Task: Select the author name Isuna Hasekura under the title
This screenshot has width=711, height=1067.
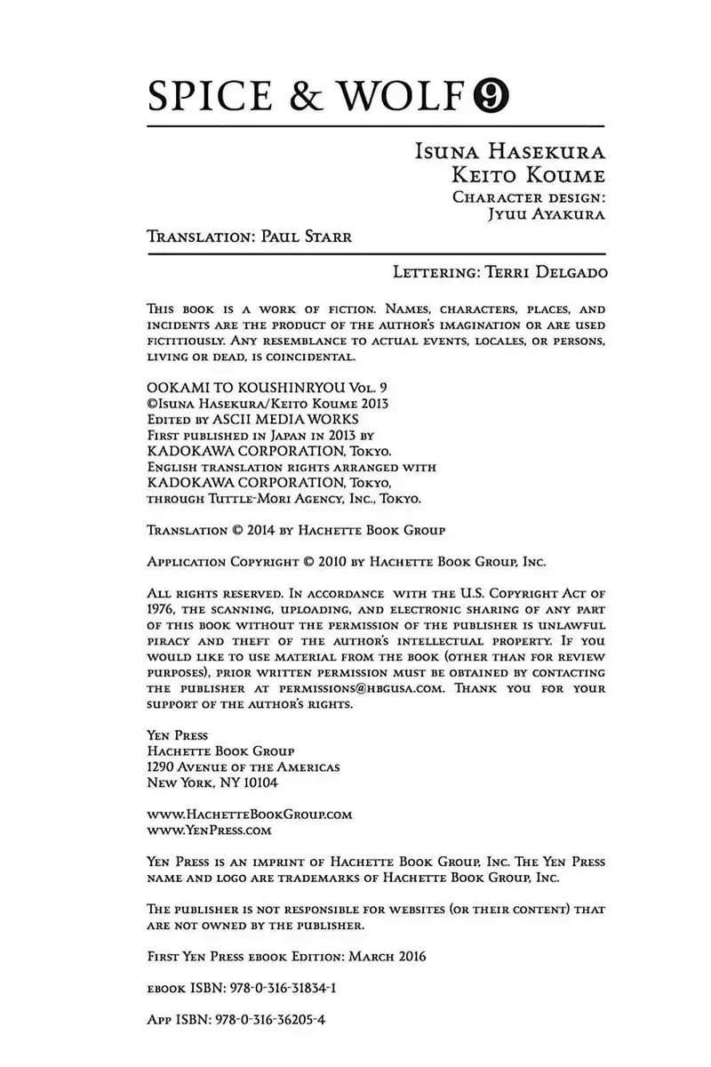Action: point(510,152)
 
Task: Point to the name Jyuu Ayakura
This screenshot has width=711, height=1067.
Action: point(541,214)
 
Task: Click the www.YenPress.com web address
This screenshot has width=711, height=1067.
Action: point(207,830)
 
